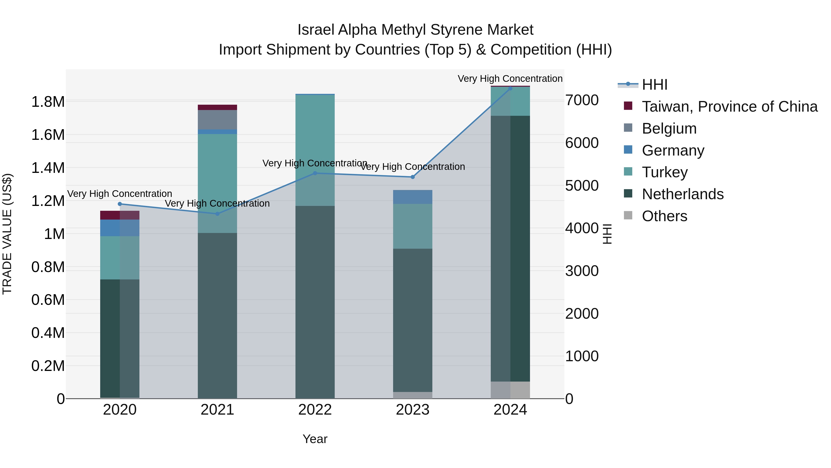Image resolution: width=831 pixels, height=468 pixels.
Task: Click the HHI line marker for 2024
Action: point(510,88)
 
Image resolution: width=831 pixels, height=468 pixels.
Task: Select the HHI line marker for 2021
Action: point(217,214)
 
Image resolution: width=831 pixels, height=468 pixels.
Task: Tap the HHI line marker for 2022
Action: point(315,173)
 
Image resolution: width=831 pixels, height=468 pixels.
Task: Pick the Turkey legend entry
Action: point(665,172)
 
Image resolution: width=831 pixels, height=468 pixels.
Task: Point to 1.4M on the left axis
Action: point(48,168)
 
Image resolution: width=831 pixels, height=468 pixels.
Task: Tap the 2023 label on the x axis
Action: point(412,410)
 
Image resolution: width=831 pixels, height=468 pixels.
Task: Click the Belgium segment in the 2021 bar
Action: point(217,119)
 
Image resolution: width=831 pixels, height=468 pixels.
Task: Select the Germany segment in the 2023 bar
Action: point(412,197)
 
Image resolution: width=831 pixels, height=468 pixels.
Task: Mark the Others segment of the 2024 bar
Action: point(510,390)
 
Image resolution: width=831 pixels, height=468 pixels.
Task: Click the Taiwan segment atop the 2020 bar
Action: point(120,215)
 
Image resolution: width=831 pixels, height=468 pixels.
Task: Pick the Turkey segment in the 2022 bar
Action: point(315,150)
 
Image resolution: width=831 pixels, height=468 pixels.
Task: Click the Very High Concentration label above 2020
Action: point(119,194)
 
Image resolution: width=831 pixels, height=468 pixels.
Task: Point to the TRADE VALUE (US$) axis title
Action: point(7,234)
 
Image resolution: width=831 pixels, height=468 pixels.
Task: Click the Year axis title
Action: point(315,439)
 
